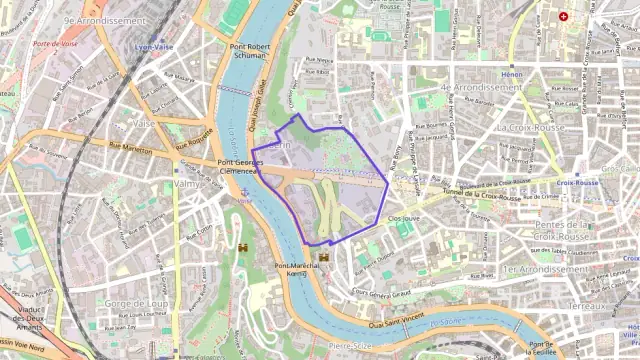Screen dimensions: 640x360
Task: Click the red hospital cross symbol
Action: (x=563, y=17)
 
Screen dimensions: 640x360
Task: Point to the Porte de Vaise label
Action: (x=54, y=44)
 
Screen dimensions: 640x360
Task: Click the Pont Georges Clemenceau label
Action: (x=239, y=166)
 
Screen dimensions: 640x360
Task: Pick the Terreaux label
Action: (x=587, y=305)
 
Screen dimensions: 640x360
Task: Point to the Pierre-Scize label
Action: (x=351, y=346)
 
